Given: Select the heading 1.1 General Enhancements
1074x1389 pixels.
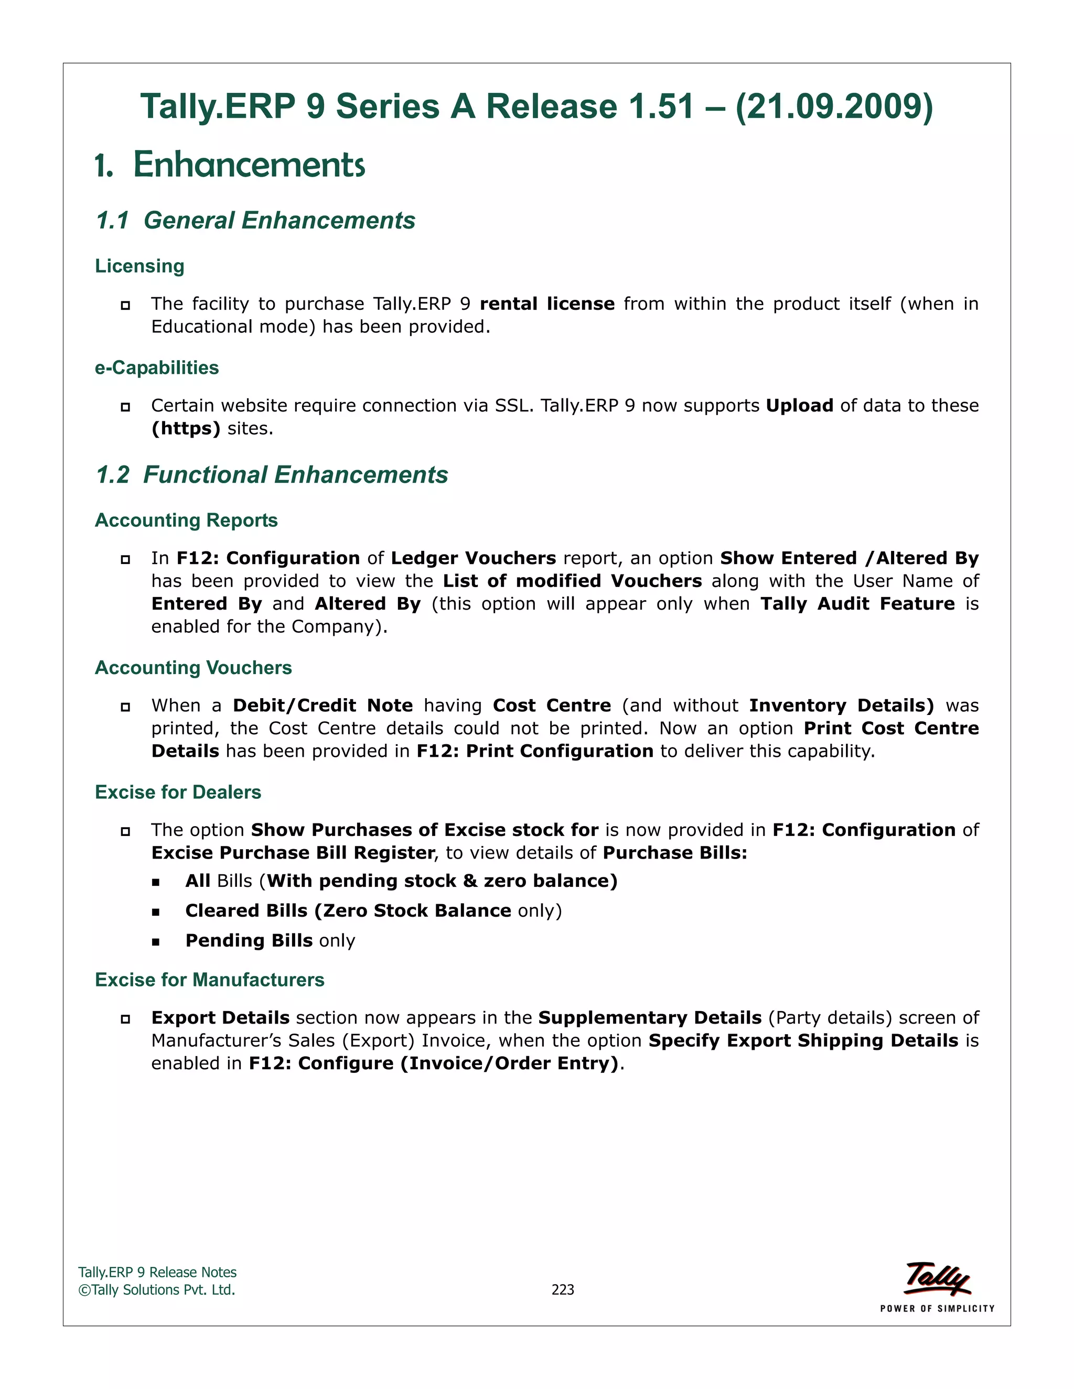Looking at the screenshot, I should [x=255, y=220].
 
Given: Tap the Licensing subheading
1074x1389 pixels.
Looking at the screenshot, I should [x=139, y=266].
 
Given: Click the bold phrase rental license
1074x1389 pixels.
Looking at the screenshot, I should [x=546, y=303].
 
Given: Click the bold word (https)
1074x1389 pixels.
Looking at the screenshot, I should [x=185, y=428].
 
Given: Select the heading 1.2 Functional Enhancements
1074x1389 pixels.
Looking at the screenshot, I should [x=272, y=474].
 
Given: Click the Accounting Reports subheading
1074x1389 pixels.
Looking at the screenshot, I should [x=186, y=520].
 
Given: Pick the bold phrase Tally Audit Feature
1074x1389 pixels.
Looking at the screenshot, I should [x=857, y=603].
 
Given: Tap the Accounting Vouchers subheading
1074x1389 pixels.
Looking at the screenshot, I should [x=193, y=668].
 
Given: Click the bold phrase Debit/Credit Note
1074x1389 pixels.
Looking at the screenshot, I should [x=322, y=706].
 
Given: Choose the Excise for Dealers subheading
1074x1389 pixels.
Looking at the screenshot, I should [x=178, y=792].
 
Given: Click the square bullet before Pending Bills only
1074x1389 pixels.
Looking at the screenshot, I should [x=156, y=941].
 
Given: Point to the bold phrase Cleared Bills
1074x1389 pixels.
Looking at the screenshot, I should [x=246, y=911].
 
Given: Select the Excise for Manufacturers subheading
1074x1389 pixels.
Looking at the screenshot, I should [x=209, y=980].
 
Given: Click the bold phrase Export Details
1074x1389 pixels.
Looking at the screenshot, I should [x=220, y=1017].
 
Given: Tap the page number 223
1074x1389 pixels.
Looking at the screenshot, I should [x=563, y=1290].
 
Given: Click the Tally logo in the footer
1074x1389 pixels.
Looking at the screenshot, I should [x=937, y=1279].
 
